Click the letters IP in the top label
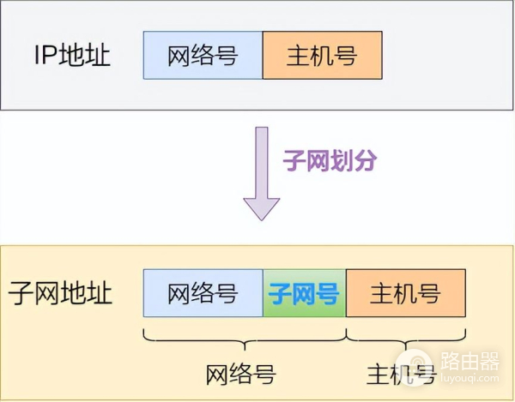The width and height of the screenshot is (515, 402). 45,57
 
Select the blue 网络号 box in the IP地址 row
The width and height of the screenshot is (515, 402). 203,56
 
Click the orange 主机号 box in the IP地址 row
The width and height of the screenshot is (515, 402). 322,56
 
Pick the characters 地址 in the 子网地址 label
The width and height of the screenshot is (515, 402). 86,294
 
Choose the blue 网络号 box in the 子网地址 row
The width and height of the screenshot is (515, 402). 203,294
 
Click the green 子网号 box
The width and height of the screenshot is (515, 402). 304,294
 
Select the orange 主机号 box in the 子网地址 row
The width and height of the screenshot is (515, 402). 406,294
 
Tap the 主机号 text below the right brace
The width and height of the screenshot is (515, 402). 401,374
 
